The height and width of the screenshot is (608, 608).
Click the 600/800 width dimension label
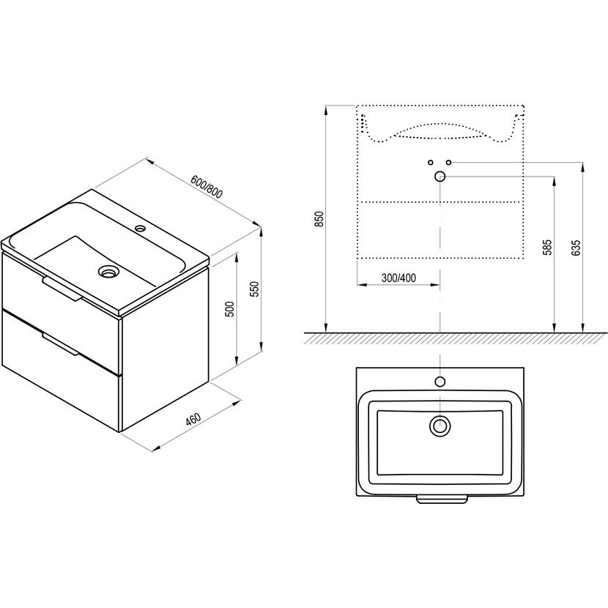[207, 187]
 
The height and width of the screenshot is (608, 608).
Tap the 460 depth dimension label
[193, 420]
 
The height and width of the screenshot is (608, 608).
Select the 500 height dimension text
[230, 309]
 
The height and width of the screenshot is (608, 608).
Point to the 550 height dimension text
[254, 289]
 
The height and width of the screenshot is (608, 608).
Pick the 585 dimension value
[546, 248]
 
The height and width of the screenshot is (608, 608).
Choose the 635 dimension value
[576, 248]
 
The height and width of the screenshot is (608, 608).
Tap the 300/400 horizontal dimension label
[398, 278]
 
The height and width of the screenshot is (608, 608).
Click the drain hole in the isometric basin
[108, 270]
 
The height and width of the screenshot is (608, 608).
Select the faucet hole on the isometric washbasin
[140, 228]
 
